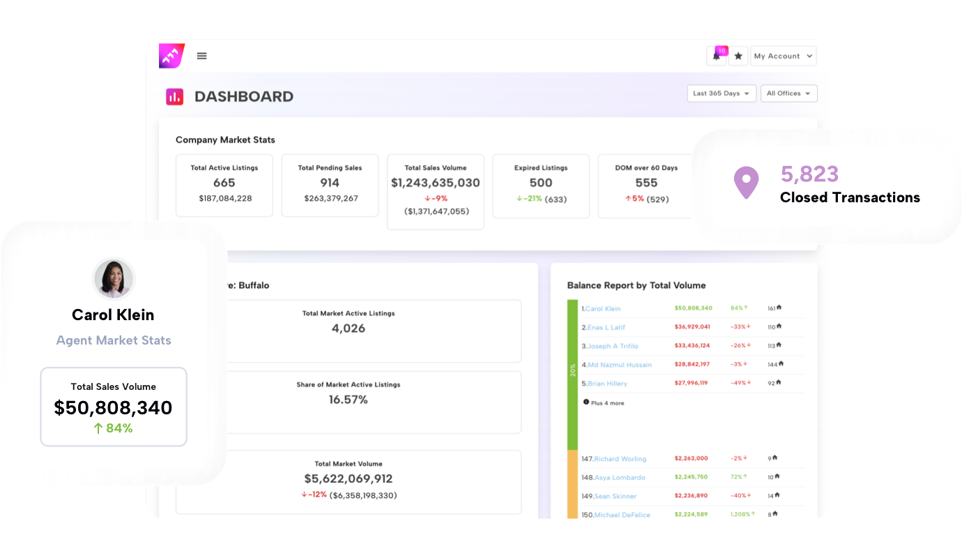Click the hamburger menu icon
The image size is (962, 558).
(x=201, y=56)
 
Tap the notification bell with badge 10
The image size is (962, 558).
(x=717, y=56)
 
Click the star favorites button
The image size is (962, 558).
(x=738, y=56)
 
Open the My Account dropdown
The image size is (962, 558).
(x=783, y=56)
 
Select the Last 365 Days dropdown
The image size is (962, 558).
(x=721, y=93)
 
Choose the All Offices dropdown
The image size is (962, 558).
(x=788, y=93)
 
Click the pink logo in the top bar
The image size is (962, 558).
(x=171, y=56)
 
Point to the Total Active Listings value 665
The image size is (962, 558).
(x=224, y=183)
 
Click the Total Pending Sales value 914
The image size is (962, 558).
(x=330, y=183)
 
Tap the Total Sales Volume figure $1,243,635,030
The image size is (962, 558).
(x=435, y=183)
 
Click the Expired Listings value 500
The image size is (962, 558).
(x=540, y=183)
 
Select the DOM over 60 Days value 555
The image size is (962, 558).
(x=646, y=183)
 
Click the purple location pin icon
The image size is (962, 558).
(x=746, y=183)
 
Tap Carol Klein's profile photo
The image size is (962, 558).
(x=114, y=279)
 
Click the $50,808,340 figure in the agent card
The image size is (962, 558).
(x=113, y=408)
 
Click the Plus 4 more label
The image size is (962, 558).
(x=606, y=403)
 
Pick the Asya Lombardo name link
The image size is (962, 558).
(x=619, y=478)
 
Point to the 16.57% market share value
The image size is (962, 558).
(x=349, y=400)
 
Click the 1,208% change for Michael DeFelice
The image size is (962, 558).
(x=740, y=515)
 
